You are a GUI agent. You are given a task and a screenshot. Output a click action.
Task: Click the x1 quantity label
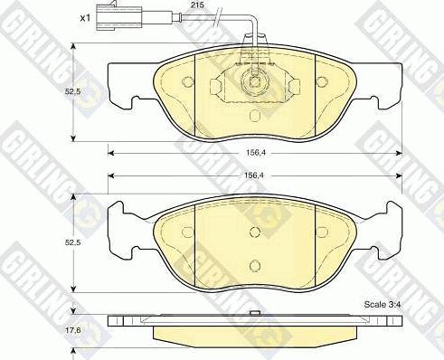pyautogui.click(x=85, y=18)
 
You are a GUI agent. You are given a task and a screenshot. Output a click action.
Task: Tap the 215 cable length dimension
pyautogui.click(x=197, y=5)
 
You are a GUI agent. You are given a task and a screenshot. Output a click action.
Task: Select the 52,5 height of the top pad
pyautogui.click(x=72, y=91)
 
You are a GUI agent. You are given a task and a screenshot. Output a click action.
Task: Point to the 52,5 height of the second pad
pyautogui.click(x=72, y=242)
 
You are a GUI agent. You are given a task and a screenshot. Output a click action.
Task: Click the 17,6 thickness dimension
pyautogui.click(x=72, y=330)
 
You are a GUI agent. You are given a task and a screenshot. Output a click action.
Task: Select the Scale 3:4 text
pyautogui.click(x=383, y=305)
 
